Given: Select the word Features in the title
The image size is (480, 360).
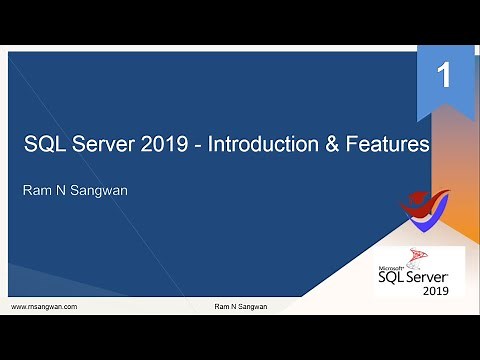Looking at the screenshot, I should point(390,146).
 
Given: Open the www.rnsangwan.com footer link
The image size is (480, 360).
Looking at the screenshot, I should point(44,306).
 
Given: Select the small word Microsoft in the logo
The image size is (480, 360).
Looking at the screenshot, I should point(389,268).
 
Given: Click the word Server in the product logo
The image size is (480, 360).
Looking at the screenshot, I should point(430,276).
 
